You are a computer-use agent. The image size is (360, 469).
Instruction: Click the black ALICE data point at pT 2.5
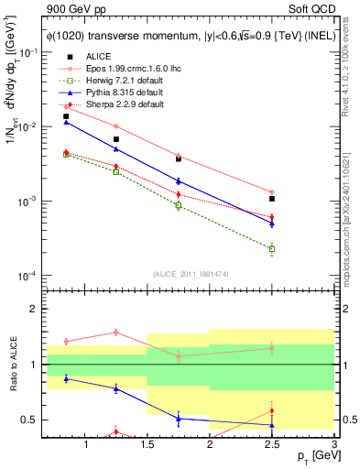(272, 199)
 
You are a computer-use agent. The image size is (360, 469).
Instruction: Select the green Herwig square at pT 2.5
(272, 248)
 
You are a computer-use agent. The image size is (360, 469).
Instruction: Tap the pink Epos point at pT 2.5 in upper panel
(272, 192)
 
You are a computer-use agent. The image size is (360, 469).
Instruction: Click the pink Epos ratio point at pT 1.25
(115, 332)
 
